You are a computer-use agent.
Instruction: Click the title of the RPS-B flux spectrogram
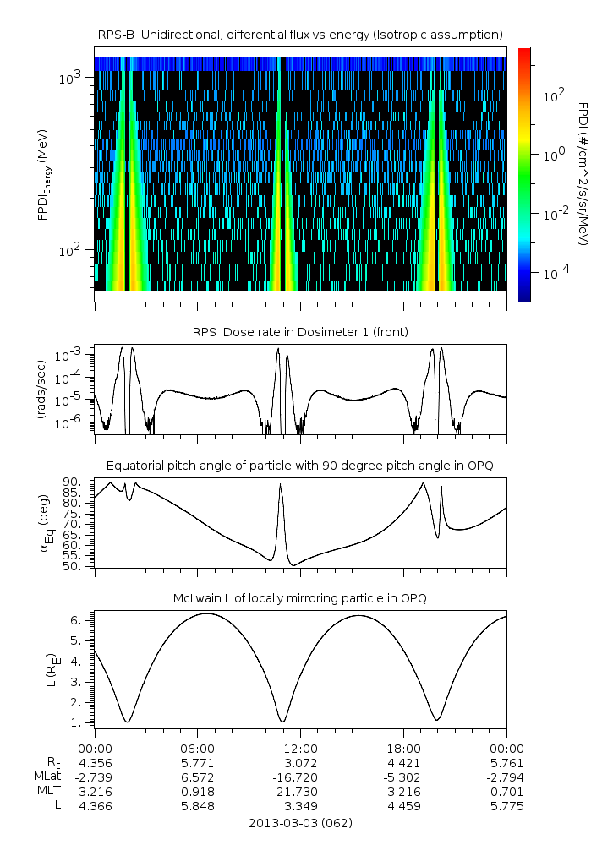[x=300, y=34]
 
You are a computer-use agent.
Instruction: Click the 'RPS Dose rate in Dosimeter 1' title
[x=300, y=332]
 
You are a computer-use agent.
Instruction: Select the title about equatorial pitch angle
[x=300, y=466]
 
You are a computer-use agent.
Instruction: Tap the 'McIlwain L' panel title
[x=300, y=598]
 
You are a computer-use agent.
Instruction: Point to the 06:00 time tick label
[x=197, y=748]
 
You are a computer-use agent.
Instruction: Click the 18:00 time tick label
[x=403, y=748]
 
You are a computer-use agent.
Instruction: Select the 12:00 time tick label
[x=300, y=748]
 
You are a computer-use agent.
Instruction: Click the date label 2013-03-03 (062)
[x=300, y=822]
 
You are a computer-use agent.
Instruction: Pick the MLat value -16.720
[x=300, y=777]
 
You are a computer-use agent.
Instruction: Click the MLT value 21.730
[x=300, y=791]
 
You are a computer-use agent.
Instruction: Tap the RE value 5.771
[x=197, y=762]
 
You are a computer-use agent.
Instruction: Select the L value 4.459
[x=403, y=805]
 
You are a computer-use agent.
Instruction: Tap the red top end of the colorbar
[x=524, y=52]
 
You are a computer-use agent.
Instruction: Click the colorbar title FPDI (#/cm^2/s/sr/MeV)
[x=583, y=173]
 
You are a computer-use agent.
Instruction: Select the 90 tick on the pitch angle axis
[x=72, y=482]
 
